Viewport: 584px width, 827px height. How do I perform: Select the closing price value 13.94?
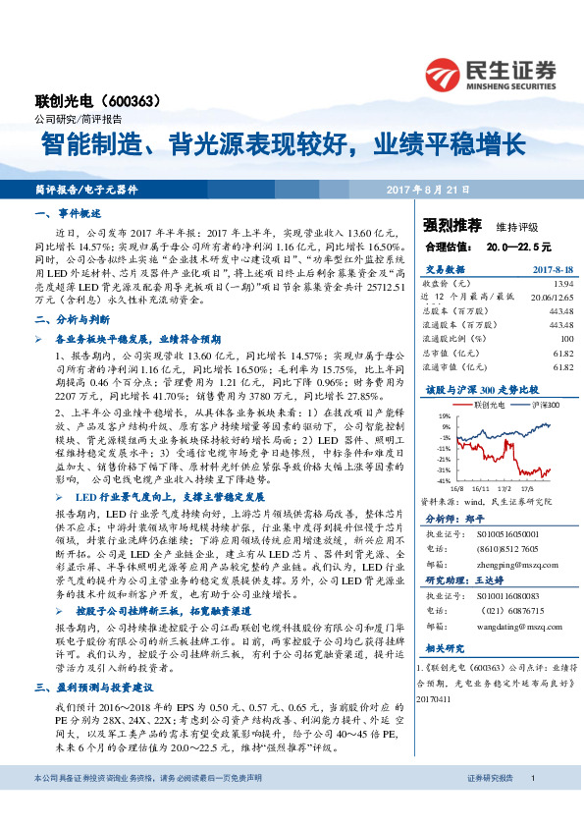562,282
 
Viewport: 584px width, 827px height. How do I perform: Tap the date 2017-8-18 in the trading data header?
553,268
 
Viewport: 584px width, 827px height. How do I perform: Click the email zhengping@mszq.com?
501,566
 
